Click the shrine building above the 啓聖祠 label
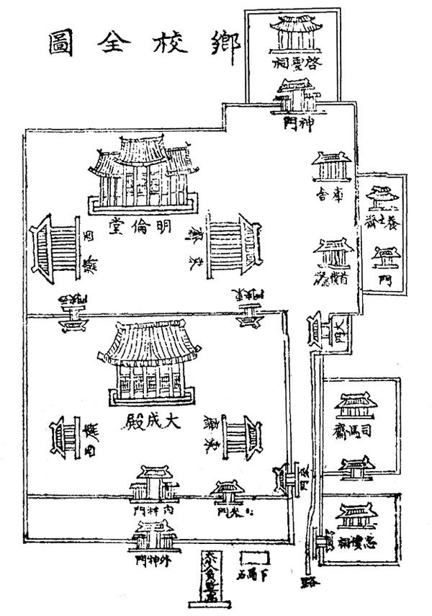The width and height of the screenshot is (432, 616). click(x=295, y=32)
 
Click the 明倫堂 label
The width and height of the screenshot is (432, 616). click(x=141, y=225)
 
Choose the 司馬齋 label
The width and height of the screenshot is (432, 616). click(x=358, y=432)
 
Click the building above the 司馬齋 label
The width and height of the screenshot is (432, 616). click(x=358, y=406)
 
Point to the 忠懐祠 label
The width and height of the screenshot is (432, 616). click(x=359, y=542)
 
